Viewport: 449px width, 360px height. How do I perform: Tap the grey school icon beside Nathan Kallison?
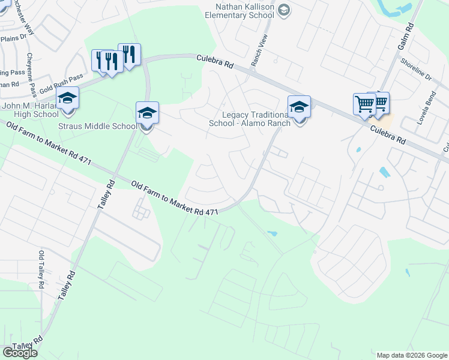(x=285, y=10)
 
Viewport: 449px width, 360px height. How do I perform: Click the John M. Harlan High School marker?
(x=68, y=97)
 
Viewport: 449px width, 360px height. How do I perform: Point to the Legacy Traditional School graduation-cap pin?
(x=299, y=106)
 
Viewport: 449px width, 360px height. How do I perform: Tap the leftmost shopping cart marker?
(x=364, y=104)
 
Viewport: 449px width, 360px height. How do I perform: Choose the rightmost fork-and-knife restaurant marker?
(x=129, y=54)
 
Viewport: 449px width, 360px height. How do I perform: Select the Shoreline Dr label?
(x=416, y=70)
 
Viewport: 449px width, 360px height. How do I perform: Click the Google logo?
(x=20, y=353)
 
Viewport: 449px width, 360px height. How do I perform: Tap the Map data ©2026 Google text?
(x=411, y=355)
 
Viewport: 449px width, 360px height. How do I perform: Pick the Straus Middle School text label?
(x=97, y=126)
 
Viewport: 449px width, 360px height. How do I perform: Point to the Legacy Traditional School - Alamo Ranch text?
(x=249, y=119)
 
